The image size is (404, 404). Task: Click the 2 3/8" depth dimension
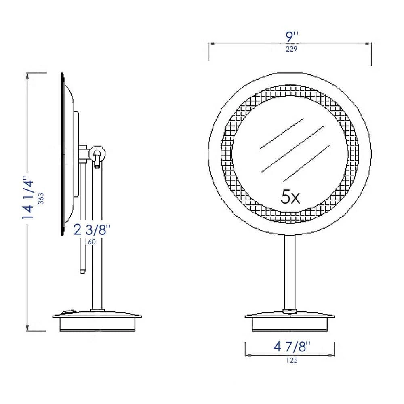92,230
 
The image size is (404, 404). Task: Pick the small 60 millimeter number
91,242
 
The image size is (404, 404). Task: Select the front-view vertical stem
290,271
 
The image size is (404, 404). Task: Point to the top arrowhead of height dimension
27,75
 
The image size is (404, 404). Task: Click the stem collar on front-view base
290,311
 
